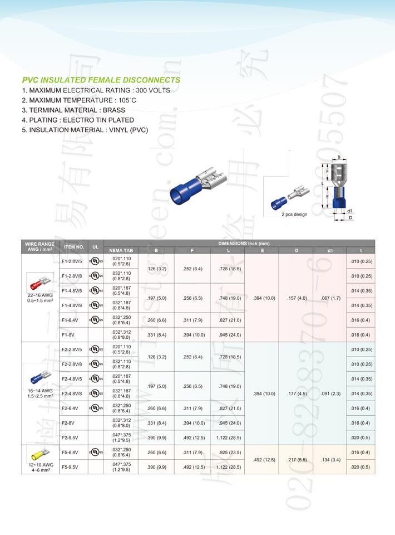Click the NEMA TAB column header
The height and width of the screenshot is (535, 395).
point(121,251)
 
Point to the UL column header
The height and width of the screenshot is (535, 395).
point(96,246)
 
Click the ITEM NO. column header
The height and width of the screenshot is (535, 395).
point(74,246)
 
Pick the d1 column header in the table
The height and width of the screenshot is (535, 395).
point(330,251)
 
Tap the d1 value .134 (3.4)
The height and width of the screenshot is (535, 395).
point(330,459)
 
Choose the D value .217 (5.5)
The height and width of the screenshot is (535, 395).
point(296,459)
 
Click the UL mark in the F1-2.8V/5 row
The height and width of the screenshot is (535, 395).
point(96,261)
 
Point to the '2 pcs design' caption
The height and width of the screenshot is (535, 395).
point(294,214)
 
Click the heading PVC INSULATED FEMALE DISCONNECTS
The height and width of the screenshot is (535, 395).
point(101,80)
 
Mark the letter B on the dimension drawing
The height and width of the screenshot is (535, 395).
point(339,158)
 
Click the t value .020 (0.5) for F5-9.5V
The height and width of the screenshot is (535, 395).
point(361,467)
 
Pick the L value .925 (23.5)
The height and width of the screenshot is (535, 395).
point(227,452)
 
